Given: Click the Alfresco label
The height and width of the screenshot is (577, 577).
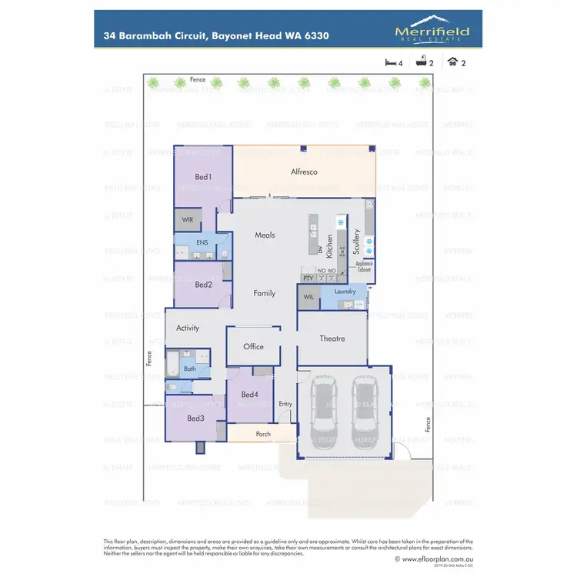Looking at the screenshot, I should point(304,172).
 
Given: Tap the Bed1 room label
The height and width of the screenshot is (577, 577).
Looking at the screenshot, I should point(203,177).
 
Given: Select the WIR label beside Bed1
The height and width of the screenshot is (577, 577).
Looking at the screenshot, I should point(188,219).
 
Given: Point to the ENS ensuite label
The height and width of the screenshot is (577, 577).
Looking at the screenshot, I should point(202,242).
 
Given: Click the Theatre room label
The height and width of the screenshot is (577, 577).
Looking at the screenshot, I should point(332,339).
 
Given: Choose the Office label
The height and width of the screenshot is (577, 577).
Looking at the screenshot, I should point(253,347).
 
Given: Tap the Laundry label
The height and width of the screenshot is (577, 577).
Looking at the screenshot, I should point(344,292).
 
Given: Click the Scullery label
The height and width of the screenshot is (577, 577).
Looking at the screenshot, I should point(357,242).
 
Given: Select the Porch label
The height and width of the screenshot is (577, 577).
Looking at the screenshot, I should point(263,434).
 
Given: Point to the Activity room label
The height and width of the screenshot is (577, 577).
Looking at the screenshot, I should point(188,328).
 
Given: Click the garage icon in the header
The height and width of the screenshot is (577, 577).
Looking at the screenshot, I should point(455,62).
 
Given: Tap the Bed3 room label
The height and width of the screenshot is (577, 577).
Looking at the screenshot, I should point(195,419).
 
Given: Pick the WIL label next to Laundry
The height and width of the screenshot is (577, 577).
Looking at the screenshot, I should point(308,296).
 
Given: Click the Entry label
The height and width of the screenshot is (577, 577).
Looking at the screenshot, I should point(285,404).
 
